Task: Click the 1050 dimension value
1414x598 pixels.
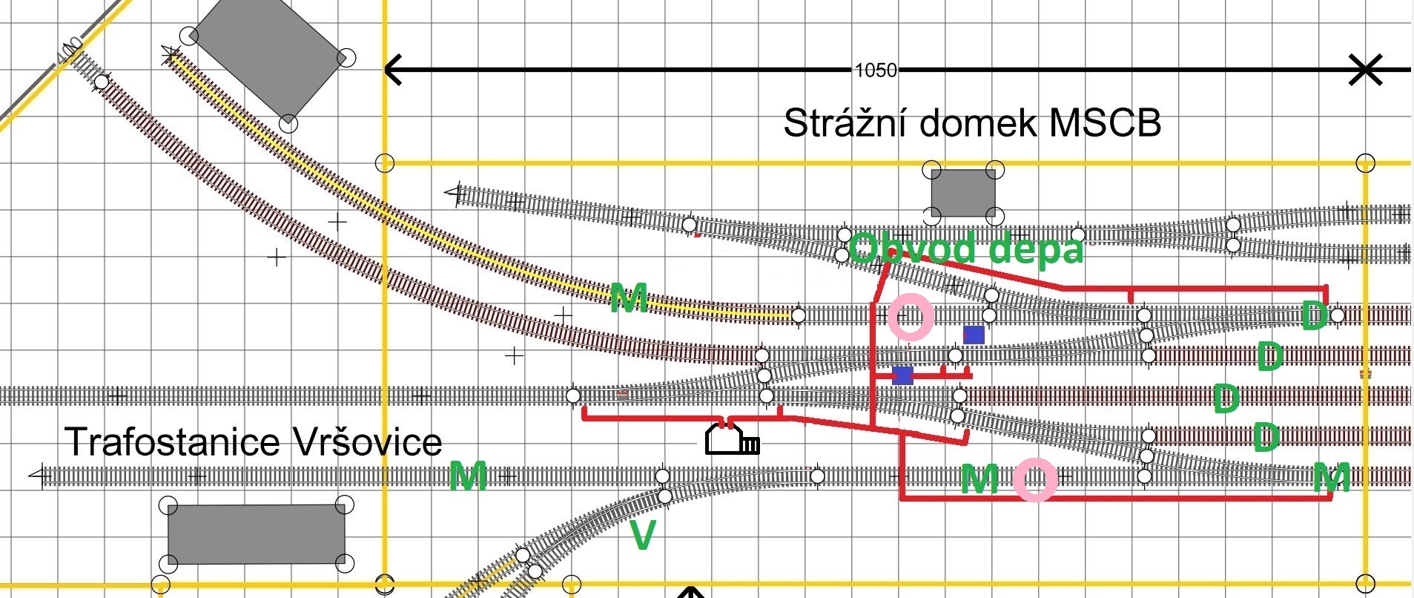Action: point(876,70)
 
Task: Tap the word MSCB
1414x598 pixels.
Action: point(1105,122)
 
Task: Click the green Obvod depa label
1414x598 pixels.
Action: point(966,248)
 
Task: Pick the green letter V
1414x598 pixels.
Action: point(642,535)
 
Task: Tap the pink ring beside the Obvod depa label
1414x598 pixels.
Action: point(911,316)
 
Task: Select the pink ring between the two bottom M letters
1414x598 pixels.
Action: point(1035,479)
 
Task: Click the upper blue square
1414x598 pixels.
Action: point(974,335)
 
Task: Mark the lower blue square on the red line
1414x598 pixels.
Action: point(902,375)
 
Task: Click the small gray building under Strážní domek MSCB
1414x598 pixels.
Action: point(963,193)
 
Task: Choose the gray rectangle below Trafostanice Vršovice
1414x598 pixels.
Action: point(257,534)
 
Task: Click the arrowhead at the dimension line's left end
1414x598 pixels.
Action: point(394,70)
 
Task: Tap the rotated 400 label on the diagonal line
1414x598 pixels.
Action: point(70,51)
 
